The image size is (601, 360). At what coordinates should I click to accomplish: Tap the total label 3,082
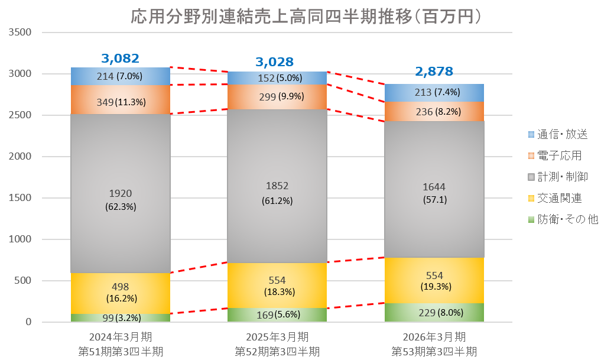click(120, 58)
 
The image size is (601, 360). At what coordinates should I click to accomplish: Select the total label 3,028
click(274, 61)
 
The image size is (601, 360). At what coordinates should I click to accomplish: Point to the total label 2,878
click(434, 72)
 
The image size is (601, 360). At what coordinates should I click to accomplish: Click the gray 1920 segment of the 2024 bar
click(121, 199)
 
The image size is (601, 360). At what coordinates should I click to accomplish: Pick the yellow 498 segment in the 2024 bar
click(121, 293)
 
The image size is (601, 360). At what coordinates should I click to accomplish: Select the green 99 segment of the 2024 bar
click(121, 317)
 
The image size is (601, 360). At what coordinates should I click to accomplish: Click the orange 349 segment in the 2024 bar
click(121, 102)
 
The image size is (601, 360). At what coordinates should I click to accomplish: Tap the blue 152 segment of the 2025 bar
click(277, 77)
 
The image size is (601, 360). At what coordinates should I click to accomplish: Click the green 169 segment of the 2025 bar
click(277, 314)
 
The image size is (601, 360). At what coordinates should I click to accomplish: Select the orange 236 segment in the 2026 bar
click(434, 111)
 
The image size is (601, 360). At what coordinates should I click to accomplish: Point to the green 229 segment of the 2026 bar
click(434, 313)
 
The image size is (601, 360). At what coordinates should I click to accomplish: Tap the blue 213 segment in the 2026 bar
click(434, 92)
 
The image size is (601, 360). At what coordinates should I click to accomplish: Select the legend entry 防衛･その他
click(561, 219)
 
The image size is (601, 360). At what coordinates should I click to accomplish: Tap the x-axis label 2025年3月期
click(277, 338)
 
